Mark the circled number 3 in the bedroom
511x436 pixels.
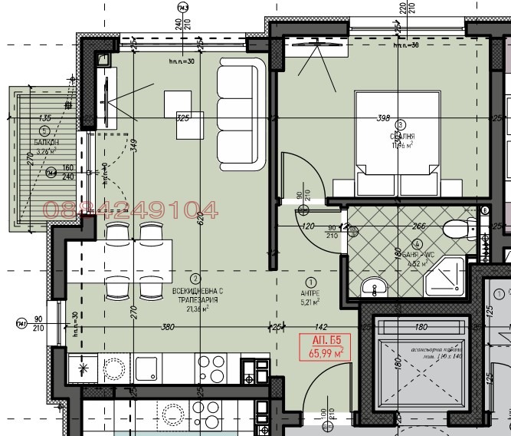coord(400,125)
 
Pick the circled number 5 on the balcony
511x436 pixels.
coord(44,132)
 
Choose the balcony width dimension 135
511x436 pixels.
coord(44,117)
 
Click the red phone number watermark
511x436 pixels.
coord(131,209)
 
